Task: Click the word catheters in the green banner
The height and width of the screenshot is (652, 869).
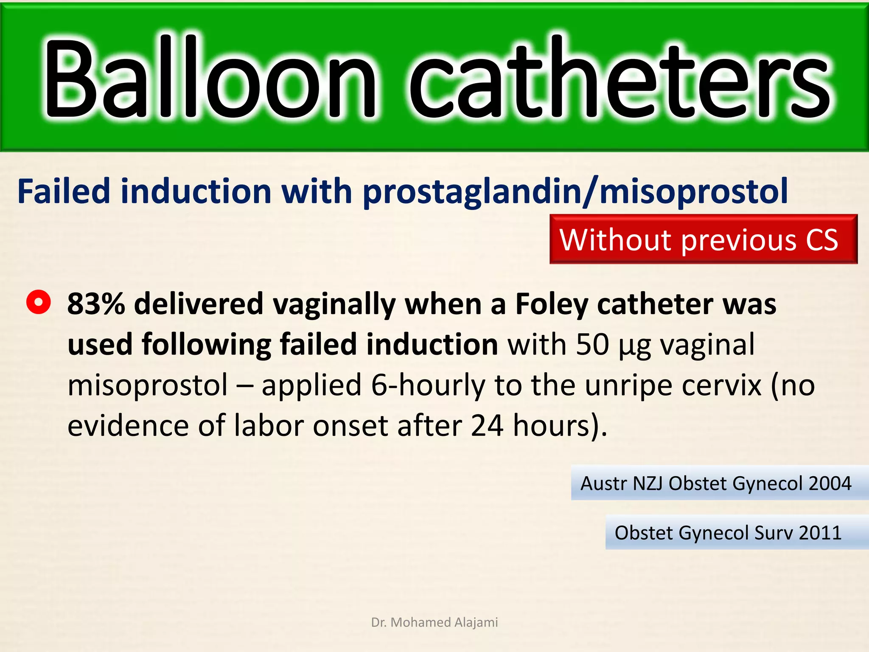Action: tap(620, 79)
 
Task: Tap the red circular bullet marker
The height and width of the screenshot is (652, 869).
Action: tap(39, 302)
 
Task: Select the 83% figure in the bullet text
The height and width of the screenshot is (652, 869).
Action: tap(96, 304)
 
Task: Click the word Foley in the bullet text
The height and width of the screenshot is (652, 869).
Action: tap(552, 304)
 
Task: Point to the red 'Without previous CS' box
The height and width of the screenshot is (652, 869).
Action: tap(703, 239)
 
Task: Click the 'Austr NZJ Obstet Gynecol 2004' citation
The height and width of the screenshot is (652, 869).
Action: tap(716, 483)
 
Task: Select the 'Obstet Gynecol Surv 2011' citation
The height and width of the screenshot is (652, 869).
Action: tap(728, 533)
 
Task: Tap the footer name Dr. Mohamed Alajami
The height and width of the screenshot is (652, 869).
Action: tap(434, 622)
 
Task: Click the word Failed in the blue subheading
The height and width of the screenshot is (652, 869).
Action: tap(64, 191)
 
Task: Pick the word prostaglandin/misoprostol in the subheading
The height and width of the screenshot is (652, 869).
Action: tap(575, 191)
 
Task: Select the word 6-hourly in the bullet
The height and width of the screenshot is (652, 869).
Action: tap(428, 385)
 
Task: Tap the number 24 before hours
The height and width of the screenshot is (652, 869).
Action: tap(487, 426)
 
